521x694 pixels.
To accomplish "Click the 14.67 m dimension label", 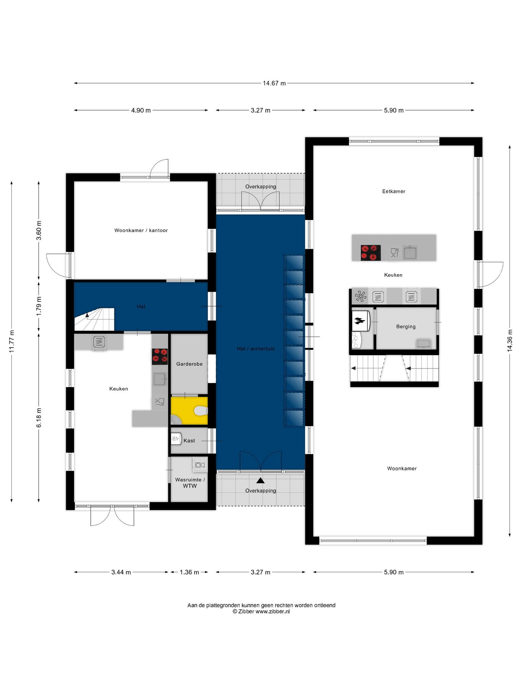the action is pos(274,83).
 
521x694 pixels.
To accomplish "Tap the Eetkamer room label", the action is pos(393,191).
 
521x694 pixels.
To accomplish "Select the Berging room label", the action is pos(406,327).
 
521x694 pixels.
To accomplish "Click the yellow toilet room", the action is pos(189,411).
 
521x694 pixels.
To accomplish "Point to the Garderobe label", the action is pos(189,364).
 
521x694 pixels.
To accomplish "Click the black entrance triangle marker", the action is pos(260,480).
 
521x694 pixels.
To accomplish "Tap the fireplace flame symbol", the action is pos(360,321).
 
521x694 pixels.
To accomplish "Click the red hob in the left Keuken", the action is pos(160,356).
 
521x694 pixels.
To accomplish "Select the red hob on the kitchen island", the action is pos(370,252).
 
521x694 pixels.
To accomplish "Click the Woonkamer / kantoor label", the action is pos(141,230).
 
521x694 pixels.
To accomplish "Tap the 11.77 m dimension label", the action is pos(12,341).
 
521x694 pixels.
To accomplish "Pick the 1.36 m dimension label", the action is pos(189,572).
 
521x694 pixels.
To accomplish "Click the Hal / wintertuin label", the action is pos(256,349).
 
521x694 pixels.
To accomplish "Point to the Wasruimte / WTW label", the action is pos(190,483).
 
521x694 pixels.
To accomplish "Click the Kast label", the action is pos(189,441).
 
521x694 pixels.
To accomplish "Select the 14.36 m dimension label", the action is pos(509,341).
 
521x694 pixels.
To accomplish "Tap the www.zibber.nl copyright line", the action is pos(261,612).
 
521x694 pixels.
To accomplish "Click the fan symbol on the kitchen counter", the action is pos(361,297).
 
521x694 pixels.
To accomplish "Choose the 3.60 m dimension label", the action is pos(39,230).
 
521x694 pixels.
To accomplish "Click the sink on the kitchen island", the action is pos(410,253).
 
